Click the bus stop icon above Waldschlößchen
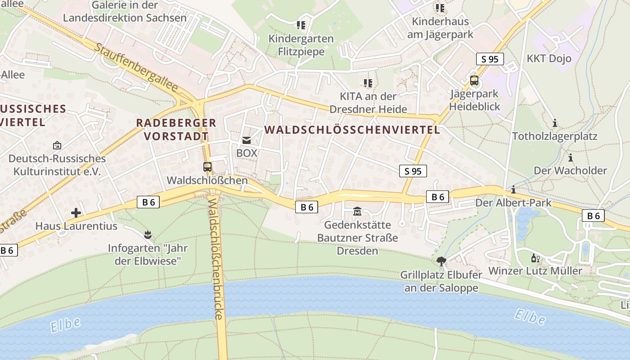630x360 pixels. [x=207, y=167]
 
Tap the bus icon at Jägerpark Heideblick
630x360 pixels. [x=474, y=81]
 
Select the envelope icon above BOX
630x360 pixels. [x=247, y=140]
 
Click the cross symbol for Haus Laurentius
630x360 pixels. [x=76, y=212]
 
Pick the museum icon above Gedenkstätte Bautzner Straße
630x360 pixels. [x=357, y=211]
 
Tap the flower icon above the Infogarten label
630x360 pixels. [x=147, y=234]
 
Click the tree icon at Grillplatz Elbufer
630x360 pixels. [x=441, y=261]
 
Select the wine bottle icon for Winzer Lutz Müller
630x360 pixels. [x=535, y=258]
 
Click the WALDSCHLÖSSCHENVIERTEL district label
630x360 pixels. [x=352, y=130]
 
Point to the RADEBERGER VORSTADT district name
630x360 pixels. [x=176, y=129]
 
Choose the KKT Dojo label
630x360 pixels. [x=549, y=58]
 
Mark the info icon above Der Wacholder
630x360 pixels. [x=571, y=157]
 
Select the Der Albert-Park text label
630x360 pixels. [x=513, y=203]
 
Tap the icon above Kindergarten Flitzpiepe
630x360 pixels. [x=301, y=25]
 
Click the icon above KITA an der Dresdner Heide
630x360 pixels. [x=368, y=83]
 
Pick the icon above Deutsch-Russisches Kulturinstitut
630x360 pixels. [x=57, y=145]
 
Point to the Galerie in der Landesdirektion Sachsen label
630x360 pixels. [x=125, y=12]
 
